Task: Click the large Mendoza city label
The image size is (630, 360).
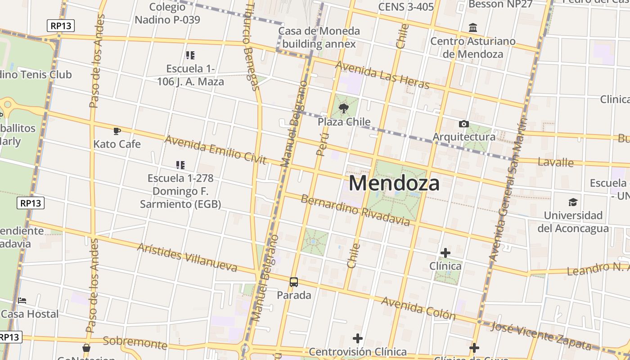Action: coord(394,184)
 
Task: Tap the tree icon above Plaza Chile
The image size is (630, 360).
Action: coord(344,108)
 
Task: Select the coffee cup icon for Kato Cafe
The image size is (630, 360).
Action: coord(117,131)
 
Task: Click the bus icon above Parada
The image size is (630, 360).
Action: coord(294,282)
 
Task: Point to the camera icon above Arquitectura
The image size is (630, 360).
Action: coord(463,124)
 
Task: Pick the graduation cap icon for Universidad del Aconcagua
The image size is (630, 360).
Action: coord(573,202)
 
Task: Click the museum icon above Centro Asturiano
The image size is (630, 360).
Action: coord(473,28)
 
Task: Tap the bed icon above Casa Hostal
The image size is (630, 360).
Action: coord(22,300)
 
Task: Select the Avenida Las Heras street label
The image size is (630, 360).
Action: coord(382,75)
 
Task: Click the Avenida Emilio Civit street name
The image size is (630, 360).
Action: coord(216,150)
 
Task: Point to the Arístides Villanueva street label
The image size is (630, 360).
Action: coord(187,257)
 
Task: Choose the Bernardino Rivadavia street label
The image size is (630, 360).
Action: coord(355,210)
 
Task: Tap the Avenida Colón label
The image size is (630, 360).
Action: coord(418,308)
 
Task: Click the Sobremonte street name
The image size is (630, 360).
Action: coord(135,342)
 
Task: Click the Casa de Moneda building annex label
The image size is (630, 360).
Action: coord(319,37)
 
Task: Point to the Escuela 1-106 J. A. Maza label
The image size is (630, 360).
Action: coord(190,75)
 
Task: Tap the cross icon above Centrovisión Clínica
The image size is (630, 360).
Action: coord(358,338)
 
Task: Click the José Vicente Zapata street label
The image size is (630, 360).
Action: coord(540,336)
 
